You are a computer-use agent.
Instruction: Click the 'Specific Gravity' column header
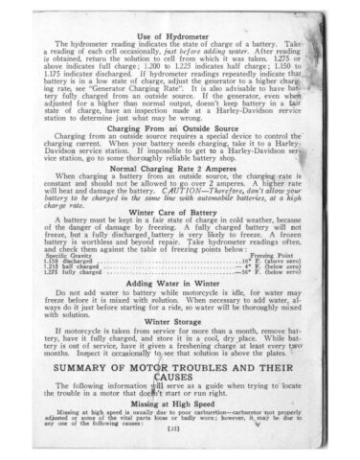pyautogui.click(x=66, y=254)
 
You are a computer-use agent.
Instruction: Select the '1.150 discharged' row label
pyautogui.click(x=67, y=260)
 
